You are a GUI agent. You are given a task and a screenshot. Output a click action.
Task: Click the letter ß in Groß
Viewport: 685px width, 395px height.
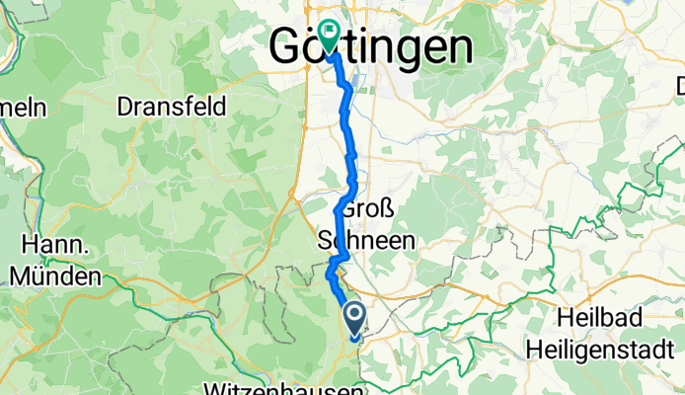point(388,209)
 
